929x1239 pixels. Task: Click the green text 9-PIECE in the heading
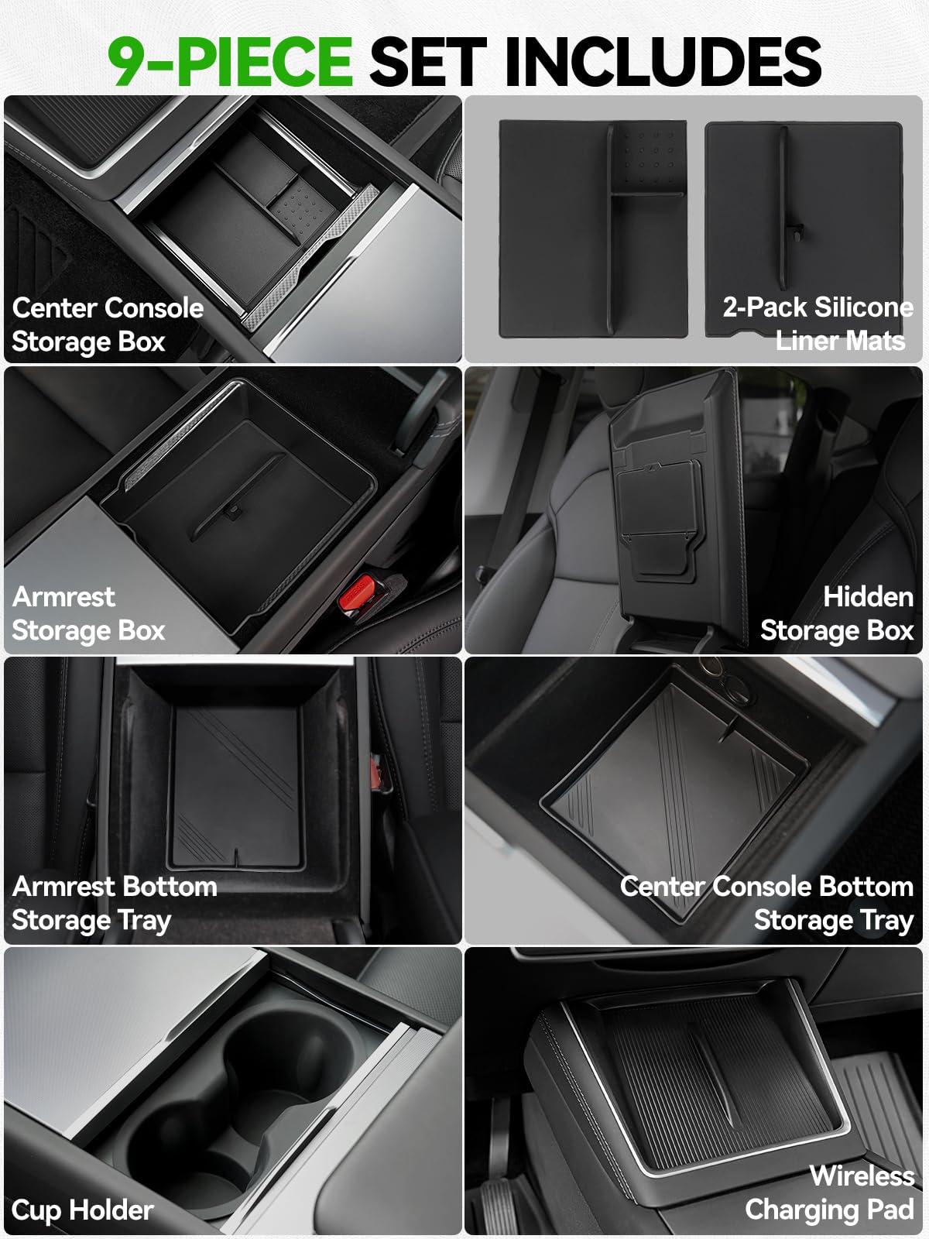pos(230,61)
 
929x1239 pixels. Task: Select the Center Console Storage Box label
pos(108,324)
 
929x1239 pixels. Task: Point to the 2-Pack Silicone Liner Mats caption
pos(818,324)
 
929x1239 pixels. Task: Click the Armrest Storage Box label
pos(88,613)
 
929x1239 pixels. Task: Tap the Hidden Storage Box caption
pos(837,613)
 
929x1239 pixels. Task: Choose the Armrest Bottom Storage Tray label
pos(115,904)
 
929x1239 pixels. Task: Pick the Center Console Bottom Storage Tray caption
pos(767,904)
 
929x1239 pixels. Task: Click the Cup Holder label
pos(82,1210)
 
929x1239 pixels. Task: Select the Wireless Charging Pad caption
pos(830,1193)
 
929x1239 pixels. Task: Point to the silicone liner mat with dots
pos(593,228)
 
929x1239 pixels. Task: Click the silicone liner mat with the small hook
pos(804,228)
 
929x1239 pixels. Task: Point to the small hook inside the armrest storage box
pos(232,511)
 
